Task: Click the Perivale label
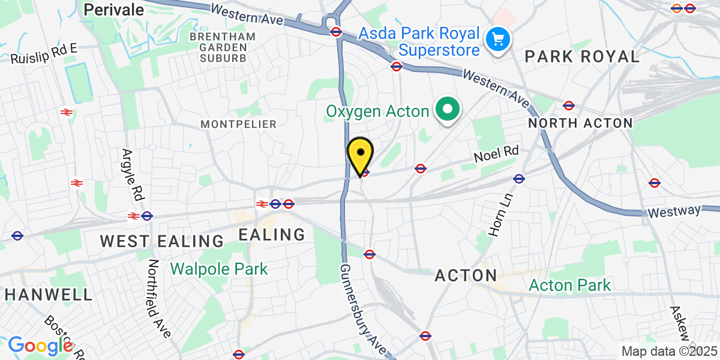(114, 10)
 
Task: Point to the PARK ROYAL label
(582, 57)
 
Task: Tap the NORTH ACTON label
(580, 123)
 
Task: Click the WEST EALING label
(161, 241)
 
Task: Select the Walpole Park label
(219, 268)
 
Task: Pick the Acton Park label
(569, 285)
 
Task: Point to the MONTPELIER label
(239, 124)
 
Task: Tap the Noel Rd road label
(496, 155)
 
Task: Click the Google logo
(40, 346)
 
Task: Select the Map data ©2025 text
(669, 352)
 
